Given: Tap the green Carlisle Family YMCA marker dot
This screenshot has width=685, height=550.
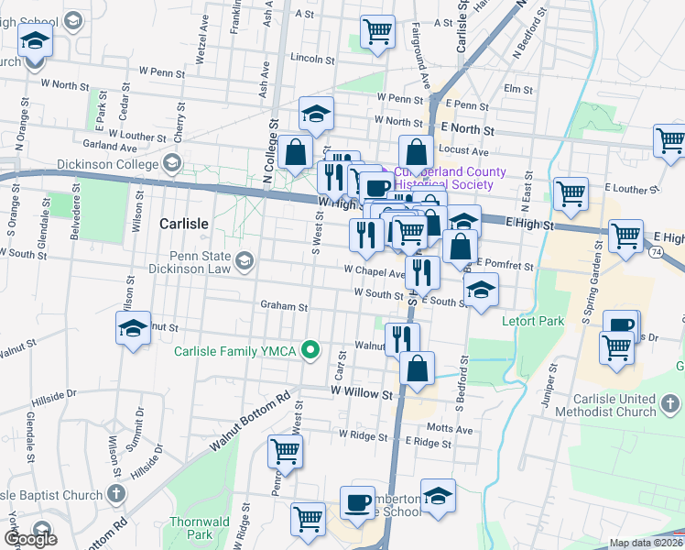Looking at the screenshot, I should point(311,349).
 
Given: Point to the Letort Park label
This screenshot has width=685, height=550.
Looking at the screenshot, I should point(532,322).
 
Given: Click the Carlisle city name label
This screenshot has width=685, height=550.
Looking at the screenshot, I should point(184,224).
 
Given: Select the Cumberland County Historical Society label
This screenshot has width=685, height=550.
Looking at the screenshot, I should point(449,178).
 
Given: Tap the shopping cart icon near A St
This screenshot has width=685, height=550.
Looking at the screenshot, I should point(378,31).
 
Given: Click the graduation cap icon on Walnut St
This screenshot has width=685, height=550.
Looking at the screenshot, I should point(133,328).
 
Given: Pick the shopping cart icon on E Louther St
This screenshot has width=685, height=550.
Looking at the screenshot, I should point(571,192).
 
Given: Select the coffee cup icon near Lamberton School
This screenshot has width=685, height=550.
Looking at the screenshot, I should point(356,501).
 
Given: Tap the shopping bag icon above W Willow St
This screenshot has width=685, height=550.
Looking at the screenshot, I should point(417,368).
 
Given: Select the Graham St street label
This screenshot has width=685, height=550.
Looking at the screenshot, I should point(283,306).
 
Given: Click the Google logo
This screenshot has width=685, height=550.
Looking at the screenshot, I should point(30,540).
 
